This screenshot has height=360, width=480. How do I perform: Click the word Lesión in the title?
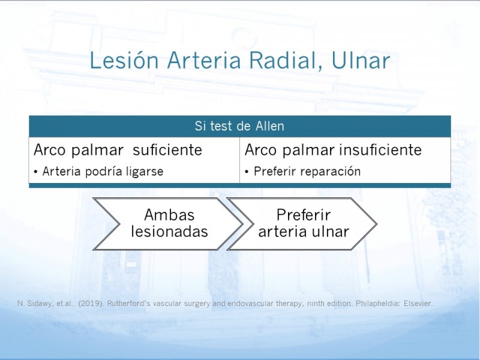coord(124,60)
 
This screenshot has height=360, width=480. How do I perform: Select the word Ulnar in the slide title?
coord(361,61)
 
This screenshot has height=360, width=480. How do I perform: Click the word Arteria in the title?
coord(204,61)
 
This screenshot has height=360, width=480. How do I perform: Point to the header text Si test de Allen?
coord(239,126)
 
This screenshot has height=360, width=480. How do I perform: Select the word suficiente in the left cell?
coord(167,149)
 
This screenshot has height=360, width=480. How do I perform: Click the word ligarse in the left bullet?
coord(145,172)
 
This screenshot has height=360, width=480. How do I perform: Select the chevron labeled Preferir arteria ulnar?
coord(303,224)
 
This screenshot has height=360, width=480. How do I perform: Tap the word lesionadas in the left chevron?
coord(169,232)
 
